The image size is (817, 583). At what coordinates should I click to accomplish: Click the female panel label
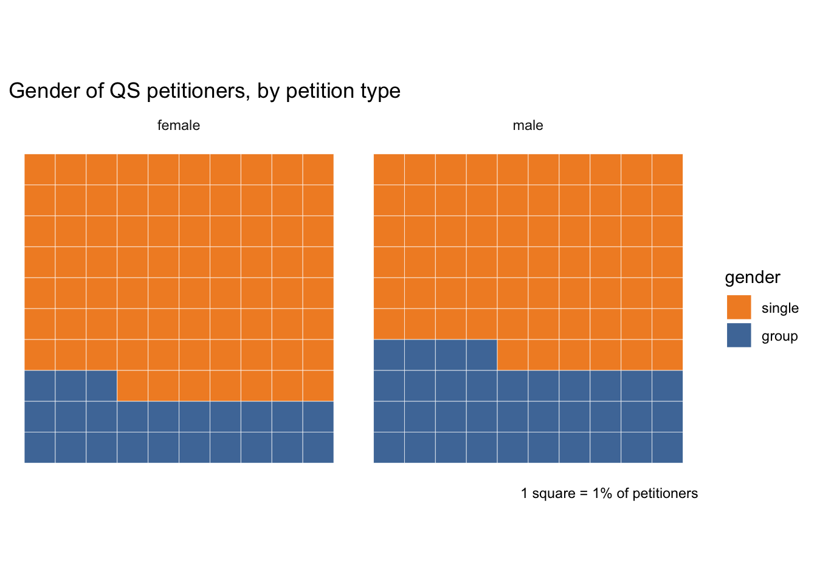[x=179, y=126]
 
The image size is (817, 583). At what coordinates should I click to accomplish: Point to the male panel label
[x=528, y=126]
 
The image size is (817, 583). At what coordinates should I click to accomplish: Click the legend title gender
[x=752, y=278]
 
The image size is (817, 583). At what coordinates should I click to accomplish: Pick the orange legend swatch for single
[x=739, y=307]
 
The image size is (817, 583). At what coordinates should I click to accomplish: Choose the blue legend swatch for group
[x=739, y=335]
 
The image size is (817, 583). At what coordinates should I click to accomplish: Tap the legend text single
[x=780, y=308]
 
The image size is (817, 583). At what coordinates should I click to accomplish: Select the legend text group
[x=779, y=336]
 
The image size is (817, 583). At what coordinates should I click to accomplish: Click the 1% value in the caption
[x=602, y=494]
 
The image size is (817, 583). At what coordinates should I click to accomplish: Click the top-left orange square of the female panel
[x=40, y=169]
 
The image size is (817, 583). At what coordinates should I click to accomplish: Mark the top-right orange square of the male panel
[x=667, y=169]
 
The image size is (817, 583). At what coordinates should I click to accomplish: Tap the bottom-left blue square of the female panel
[x=40, y=448]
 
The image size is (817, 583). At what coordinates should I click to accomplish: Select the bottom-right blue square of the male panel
[x=667, y=448]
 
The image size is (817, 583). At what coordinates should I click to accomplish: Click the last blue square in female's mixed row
[x=102, y=386]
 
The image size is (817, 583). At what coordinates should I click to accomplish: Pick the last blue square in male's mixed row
[x=481, y=355]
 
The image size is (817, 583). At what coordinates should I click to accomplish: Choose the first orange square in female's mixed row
[x=133, y=386]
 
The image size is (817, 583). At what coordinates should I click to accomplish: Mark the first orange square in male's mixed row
[x=512, y=355]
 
